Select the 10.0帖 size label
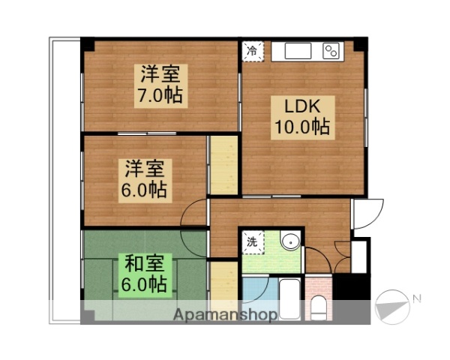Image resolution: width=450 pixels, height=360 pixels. point(300,127)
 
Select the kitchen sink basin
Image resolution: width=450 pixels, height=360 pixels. point(295,51)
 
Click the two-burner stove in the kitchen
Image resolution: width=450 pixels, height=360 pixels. point(331,51)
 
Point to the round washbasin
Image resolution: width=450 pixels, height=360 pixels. point(289,241)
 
